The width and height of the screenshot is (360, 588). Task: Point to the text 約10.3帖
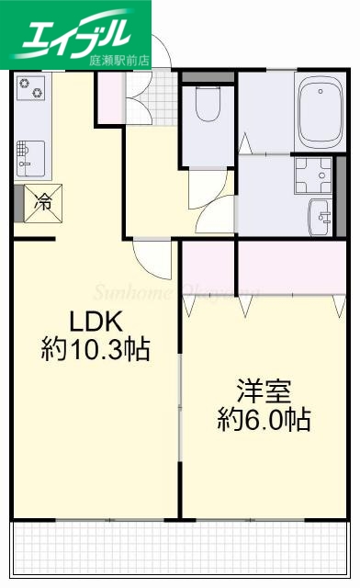[95, 350]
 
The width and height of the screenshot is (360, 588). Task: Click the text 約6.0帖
[264, 420]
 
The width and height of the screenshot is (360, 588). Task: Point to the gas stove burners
[29, 89]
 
